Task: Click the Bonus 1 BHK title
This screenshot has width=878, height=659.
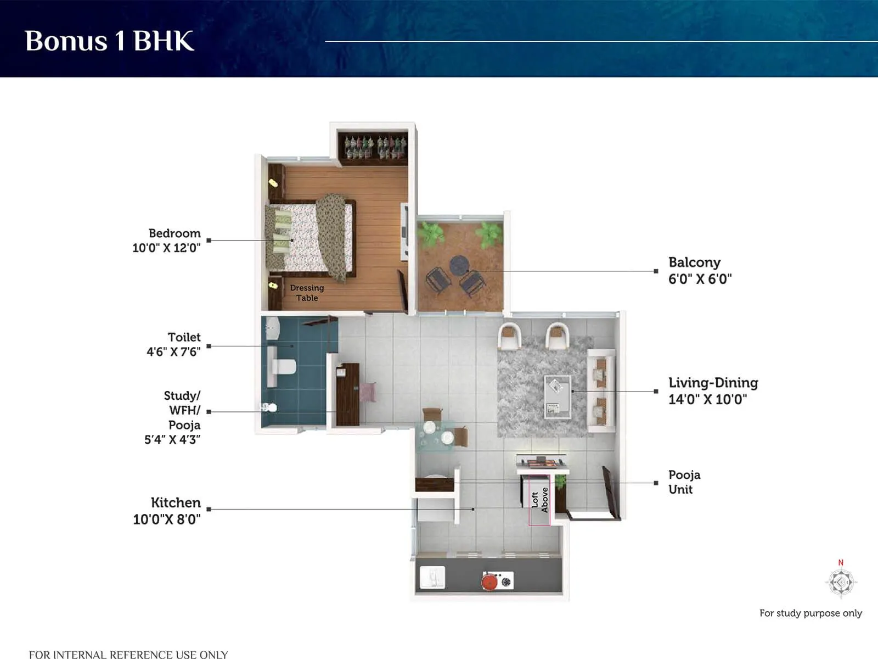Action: [109, 41]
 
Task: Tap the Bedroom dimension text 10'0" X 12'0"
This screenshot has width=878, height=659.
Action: [166, 248]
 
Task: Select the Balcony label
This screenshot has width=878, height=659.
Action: [694, 263]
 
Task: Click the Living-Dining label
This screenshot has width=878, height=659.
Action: [713, 383]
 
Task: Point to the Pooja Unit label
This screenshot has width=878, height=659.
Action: [684, 482]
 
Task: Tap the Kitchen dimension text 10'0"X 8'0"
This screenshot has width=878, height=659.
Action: [166, 519]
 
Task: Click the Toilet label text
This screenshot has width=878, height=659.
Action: [184, 337]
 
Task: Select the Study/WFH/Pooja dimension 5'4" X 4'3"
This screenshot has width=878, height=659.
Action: [172, 439]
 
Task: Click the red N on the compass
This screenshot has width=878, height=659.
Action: [840, 562]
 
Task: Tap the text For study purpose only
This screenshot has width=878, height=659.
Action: [810, 613]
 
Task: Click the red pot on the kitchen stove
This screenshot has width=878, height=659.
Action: [490, 580]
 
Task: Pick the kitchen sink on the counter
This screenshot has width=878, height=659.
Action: [432, 578]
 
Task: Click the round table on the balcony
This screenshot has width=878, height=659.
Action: [459, 265]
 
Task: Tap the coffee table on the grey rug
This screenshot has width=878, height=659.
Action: [557, 396]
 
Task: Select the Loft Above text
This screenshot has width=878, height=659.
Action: [539, 500]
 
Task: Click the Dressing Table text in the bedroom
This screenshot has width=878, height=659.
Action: [307, 293]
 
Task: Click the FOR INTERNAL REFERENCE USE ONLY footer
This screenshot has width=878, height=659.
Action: [128, 654]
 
